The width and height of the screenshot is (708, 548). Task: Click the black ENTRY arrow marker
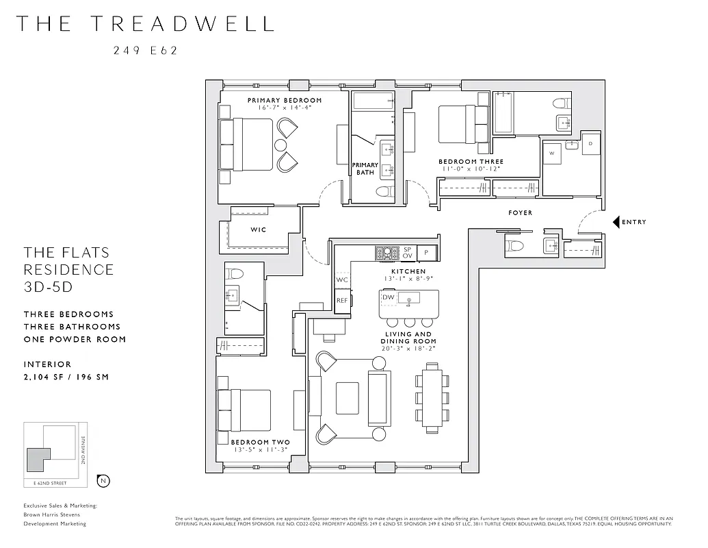tap(616, 222)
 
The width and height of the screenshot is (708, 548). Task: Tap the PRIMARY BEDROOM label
tap(284, 100)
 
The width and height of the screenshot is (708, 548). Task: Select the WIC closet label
tap(258, 229)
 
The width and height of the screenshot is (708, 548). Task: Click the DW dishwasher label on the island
tap(389, 297)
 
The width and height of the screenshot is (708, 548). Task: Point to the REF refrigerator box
tap(342, 300)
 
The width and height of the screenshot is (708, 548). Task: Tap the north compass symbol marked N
tap(103, 480)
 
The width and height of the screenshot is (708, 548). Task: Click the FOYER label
tap(520, 213)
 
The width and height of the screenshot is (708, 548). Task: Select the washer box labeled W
tap(551, 153)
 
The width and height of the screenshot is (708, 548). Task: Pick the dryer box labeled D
tap(590, 143)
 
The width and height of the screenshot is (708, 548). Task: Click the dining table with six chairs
tap(430, 398)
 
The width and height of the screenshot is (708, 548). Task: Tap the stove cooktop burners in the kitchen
tap(386, 253)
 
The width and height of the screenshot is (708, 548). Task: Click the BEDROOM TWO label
tap(260, 443)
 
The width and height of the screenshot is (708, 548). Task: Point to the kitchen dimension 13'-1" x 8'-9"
tap(408, 279)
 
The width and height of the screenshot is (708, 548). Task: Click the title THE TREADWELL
tap(144, 23)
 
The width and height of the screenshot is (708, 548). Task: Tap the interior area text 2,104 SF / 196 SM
tap(66, 377)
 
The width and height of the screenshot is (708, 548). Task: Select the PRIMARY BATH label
tap(365, 169)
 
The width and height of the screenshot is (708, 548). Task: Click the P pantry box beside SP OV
tap(426, 253)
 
